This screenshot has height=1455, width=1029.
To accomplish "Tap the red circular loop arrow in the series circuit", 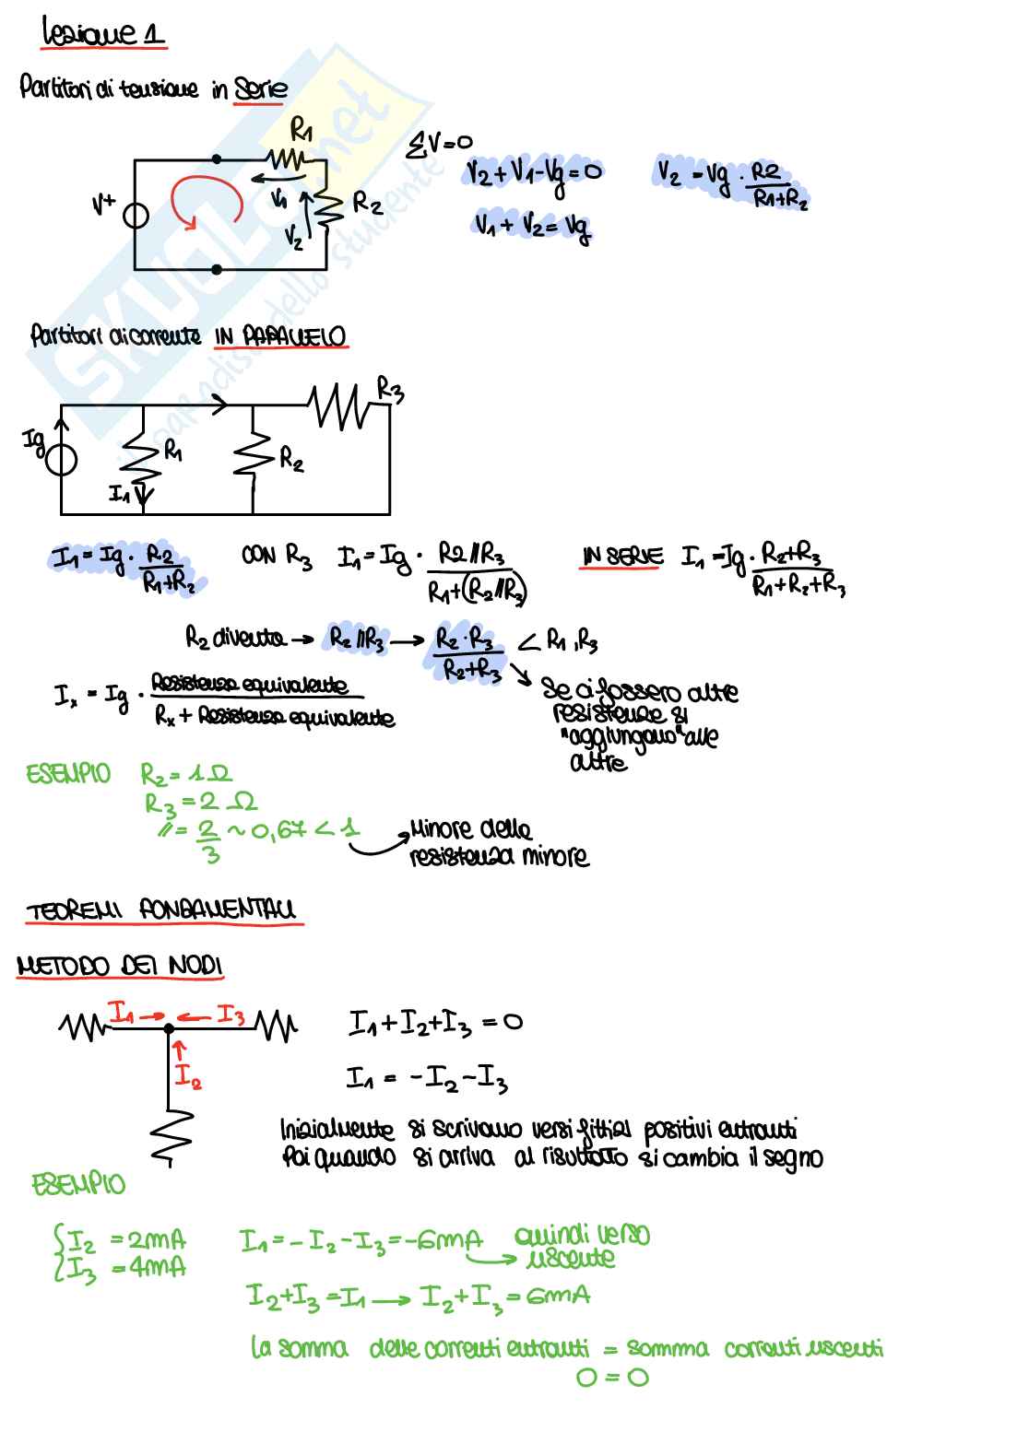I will [204, 198].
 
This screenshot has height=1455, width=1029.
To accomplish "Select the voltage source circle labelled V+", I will [135, 214].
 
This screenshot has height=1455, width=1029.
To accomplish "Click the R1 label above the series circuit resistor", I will [300, 133].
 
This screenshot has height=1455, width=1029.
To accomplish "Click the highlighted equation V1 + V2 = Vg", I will [532, 226].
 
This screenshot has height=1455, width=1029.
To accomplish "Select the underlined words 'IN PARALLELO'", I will [281, 337].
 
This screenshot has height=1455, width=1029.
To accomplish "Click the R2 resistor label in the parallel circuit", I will [291, 458].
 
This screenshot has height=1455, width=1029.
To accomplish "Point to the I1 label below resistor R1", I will [119, 495].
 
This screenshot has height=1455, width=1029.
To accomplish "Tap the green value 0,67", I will [278, 832].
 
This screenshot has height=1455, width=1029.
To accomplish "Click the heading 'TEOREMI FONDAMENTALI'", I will [160, 911].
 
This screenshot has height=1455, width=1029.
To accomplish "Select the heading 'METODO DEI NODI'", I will [120, 967].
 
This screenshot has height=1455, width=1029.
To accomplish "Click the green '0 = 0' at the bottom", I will [611, 1378].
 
